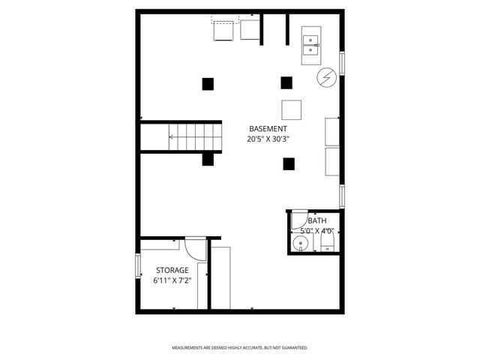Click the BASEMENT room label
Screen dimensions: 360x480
coord(267,128)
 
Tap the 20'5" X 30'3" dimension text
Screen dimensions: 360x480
coord(267,139)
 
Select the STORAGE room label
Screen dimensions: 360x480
coord(172,270)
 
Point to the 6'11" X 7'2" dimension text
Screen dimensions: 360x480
coord(172,280)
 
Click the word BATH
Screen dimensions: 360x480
coord(316,220)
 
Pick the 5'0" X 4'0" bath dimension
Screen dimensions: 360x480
coord(316,231)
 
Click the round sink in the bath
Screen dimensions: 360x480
coord(301,243)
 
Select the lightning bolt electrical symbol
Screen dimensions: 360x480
coord(326,76)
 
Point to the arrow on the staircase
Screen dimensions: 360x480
coord(172,136)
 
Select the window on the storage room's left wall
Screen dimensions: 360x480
coord(138,265)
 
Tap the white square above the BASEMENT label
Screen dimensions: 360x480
coord(292,109)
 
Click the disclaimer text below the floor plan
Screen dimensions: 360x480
coord(240,348)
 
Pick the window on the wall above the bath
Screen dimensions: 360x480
coord(342,196)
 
